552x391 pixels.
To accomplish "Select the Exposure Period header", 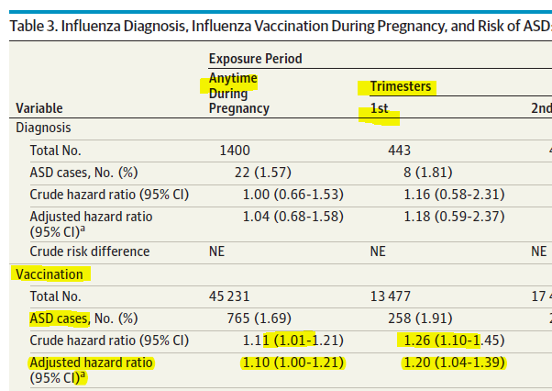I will coord(255,59).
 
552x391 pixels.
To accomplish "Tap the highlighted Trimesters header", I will coord(400,87).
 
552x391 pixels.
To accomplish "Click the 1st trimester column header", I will coord(379,108).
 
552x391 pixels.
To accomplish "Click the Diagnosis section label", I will coord(44,128).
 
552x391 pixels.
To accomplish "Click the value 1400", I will coord(235,151).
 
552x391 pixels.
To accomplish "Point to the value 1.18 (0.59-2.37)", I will coord(454,217).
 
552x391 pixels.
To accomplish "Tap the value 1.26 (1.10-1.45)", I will coord(454,341).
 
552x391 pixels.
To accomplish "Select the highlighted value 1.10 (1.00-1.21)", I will coord(293,363).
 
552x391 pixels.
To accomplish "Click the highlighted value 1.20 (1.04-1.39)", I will coord(454,363).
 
